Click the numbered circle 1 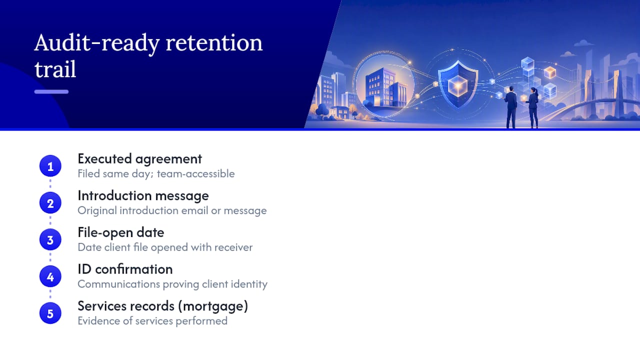pos(50,166)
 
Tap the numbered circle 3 pos(50,239)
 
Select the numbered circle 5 pos(50,313)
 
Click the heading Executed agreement pos(139,159)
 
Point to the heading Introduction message pos(143,195)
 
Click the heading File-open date pos(121,232)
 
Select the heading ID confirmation pos(125,269)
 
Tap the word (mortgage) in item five pos(213,306)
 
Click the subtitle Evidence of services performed pos(152,321)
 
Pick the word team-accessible pos(195,173)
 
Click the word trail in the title pos(55,69)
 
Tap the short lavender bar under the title pos(51,91)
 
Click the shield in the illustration pos(458,84)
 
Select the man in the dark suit pos(511,107)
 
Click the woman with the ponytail pos(533,107)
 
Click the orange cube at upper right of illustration pos(550,72)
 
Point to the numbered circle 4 pos(50,276)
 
